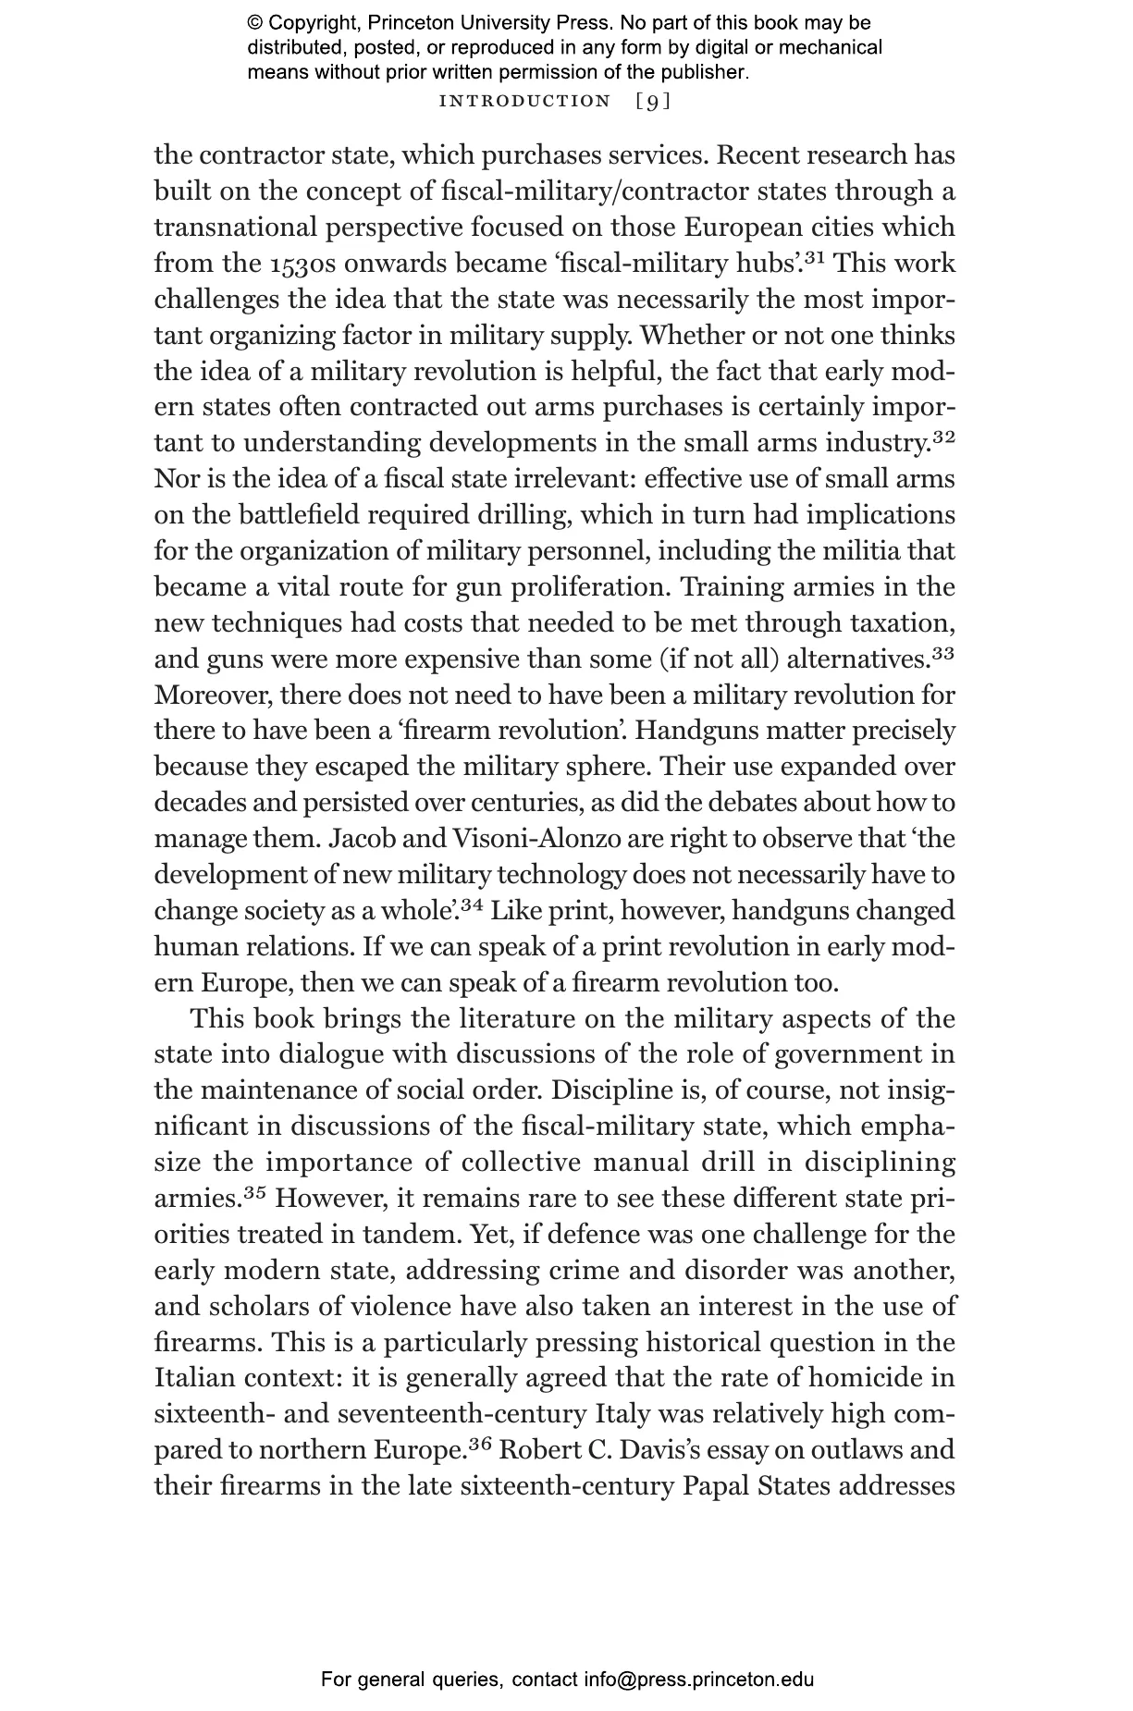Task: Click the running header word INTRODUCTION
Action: point(524,101)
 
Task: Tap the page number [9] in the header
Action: point(653,101)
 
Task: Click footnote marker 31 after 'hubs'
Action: point(815,257)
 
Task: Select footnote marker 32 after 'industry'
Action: point(943,437)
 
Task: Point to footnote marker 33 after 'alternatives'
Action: point(943,653)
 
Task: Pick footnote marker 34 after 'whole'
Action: point(472,905)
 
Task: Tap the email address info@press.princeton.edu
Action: point(698,1680)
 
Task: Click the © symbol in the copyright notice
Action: point(255,23)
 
